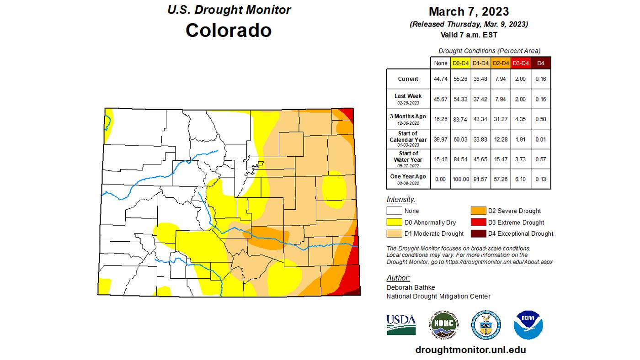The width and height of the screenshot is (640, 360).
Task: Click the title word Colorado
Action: [x=229, y=31]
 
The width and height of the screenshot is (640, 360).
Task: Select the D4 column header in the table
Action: [x=540, y=63]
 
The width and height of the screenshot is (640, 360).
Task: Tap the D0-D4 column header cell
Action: [x=460, y=63]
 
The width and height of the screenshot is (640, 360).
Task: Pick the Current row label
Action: [x=408, y=79]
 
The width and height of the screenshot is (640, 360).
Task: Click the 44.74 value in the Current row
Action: [x=440, y=79]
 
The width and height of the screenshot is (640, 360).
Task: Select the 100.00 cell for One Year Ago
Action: [x=460, y=179]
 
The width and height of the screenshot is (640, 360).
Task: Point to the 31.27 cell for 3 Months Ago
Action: [x=500, y=119]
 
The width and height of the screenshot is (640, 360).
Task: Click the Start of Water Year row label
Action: [x=408, y=159]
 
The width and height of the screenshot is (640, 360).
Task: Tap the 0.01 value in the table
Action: [x=540, y=139]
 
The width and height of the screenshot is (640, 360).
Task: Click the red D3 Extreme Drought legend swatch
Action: [x=478, y=222]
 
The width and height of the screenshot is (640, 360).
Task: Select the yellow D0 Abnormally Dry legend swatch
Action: [x=394, y=222]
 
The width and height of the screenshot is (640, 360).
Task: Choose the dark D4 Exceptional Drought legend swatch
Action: [x=478, y=233]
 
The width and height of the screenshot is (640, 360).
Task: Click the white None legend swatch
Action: [x=394, y=211]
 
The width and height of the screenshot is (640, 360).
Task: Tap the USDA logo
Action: [x=401, y=324]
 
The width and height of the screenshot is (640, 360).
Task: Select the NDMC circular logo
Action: [x=443, y=325]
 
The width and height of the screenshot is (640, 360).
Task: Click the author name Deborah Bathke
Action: [x=411, y=287]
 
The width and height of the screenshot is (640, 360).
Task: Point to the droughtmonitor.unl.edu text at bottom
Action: [x=470, y=350]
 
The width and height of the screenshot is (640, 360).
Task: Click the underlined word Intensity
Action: [x=401, y=200]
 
